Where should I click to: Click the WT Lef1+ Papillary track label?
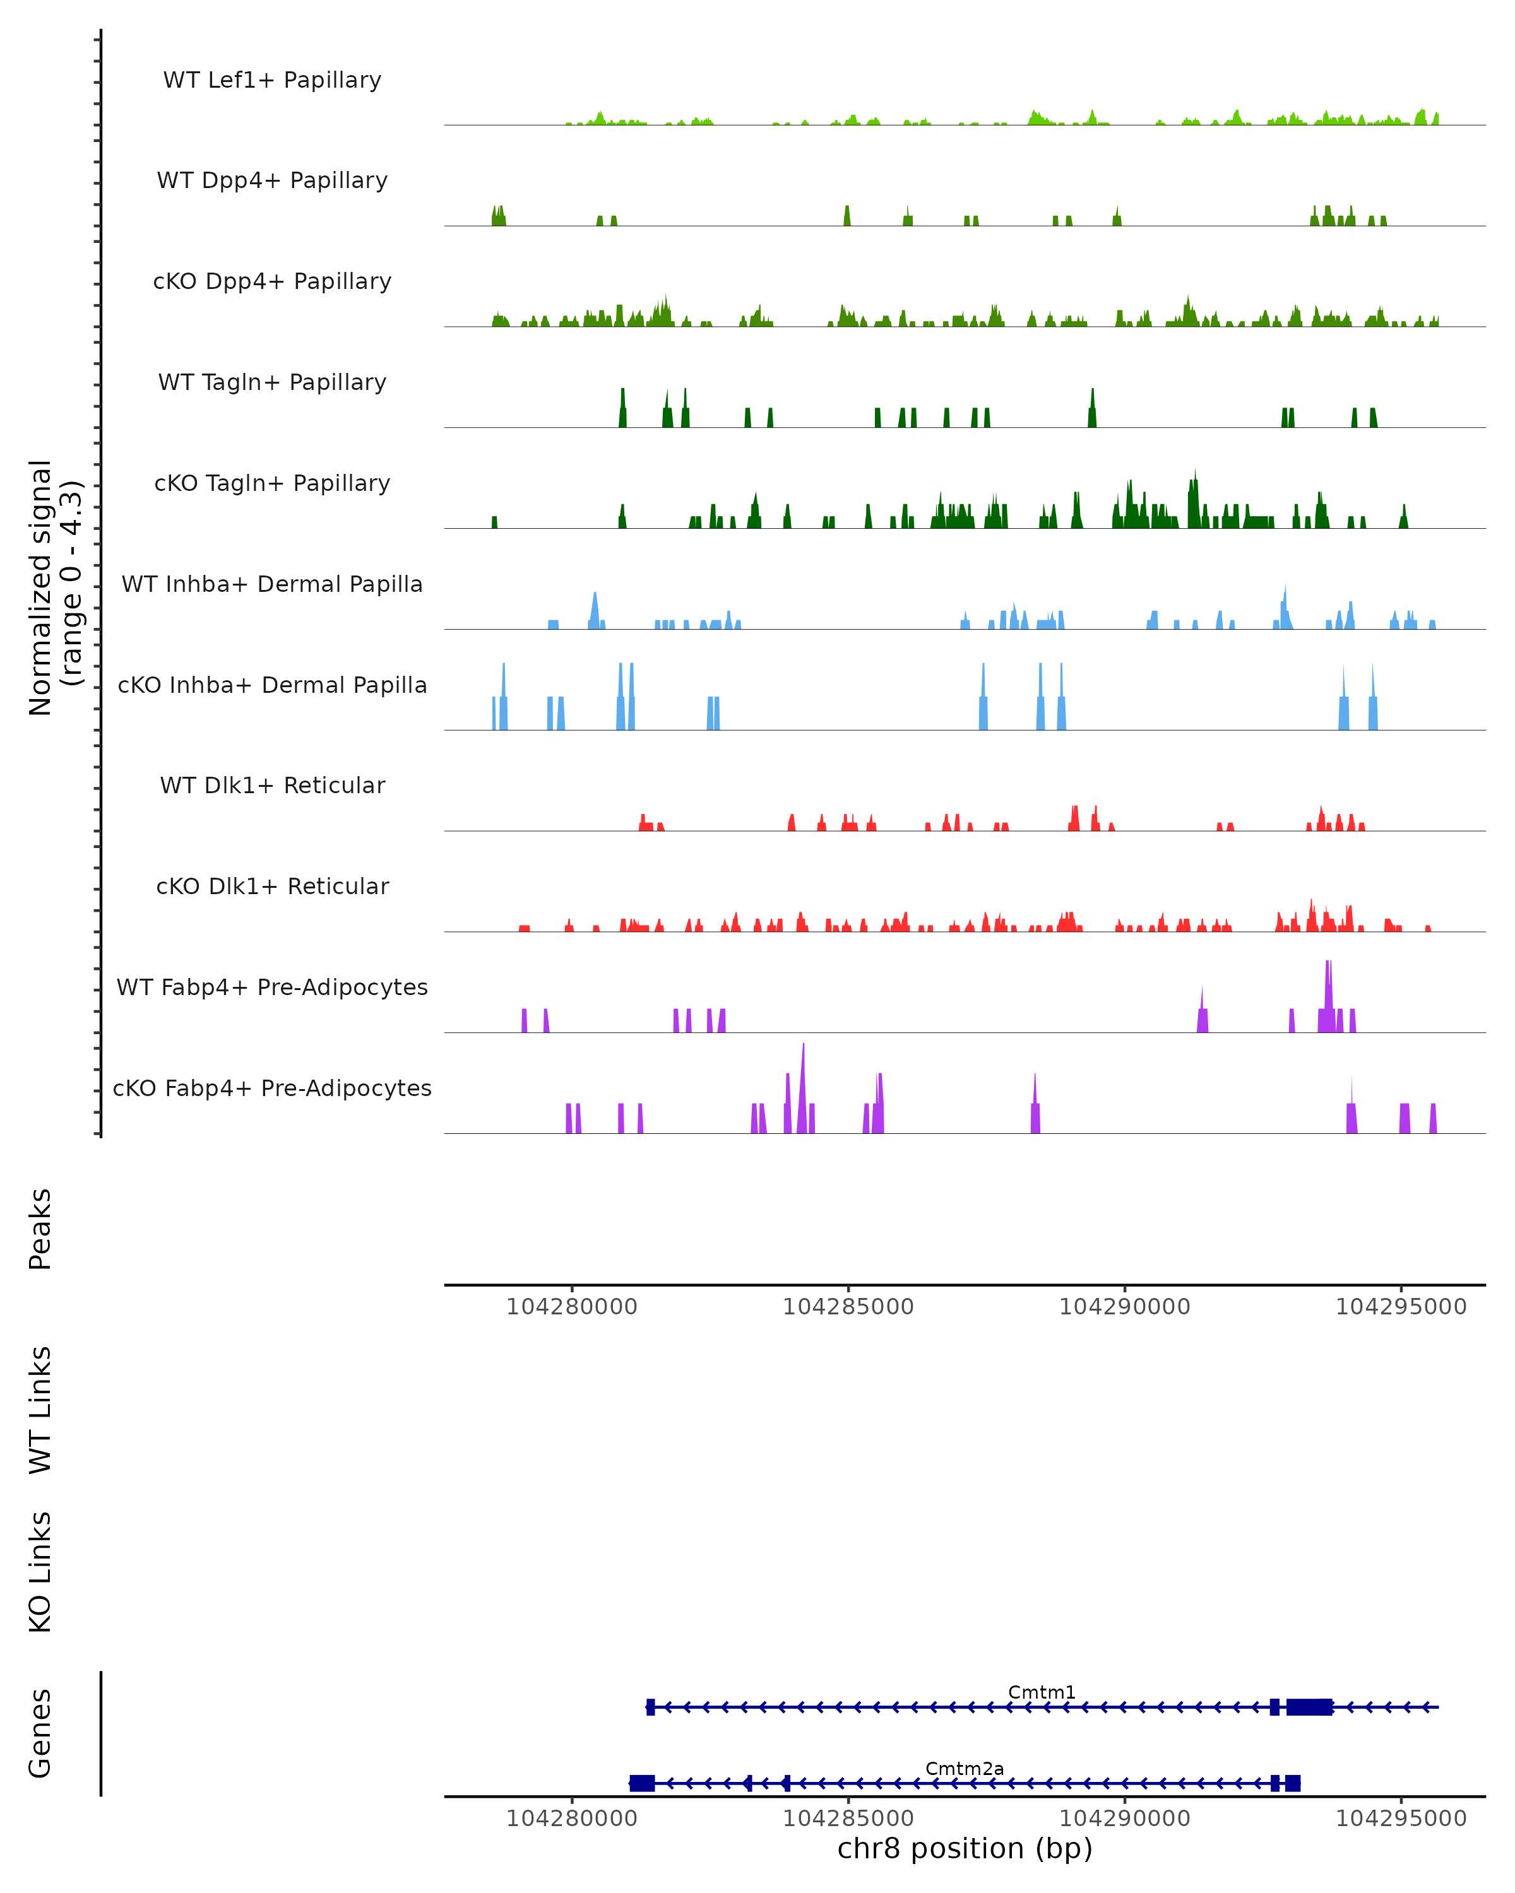[272, 80]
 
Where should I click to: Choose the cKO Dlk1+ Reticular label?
[272, 886]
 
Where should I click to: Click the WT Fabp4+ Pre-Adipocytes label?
[272, 987]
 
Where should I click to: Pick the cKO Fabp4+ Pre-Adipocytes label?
[272, 1088]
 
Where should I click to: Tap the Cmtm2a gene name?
[965, 1768]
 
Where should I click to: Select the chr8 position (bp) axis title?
[965, 1848]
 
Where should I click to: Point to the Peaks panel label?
[40, 1229]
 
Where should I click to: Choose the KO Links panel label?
[40, 1572]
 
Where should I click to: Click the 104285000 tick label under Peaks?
[848, 1307]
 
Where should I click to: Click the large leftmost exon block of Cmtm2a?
[642, 1783]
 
